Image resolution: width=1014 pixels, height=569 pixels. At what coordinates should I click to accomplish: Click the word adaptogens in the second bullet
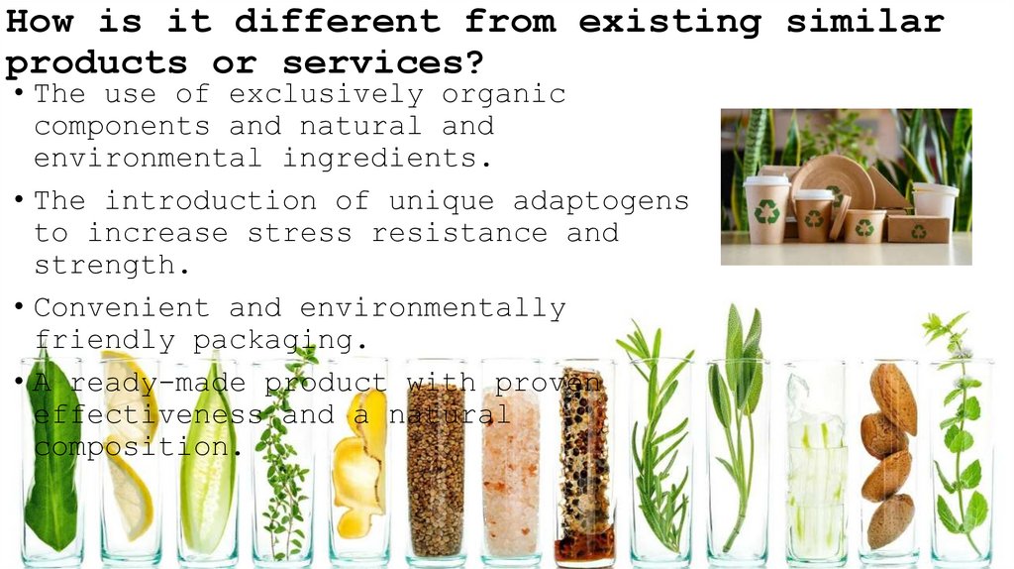[601, 200]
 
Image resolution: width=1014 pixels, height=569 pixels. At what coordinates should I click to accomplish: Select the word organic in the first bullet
[504, 94]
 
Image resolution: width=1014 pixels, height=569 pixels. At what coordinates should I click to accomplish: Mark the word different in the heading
[338, 21]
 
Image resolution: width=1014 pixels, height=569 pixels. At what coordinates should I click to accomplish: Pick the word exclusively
[326, 94]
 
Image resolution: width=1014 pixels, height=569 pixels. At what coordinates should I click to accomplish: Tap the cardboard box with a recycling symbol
[917, 228]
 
